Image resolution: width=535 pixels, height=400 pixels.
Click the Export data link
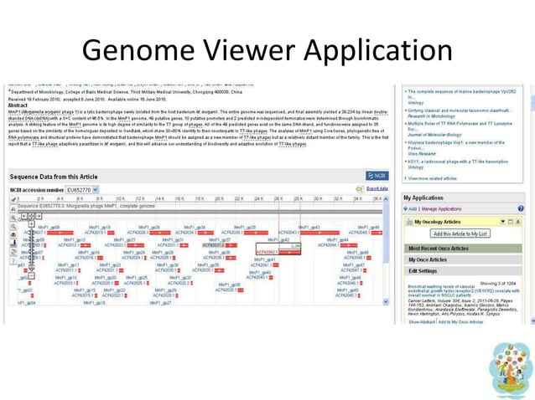[x=377, y=189]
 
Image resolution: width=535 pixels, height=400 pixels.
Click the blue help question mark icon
[x=520, y=208]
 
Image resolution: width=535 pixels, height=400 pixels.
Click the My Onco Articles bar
[x=428, y=259]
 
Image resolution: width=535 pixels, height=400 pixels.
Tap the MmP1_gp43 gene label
[x=309, y=228]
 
